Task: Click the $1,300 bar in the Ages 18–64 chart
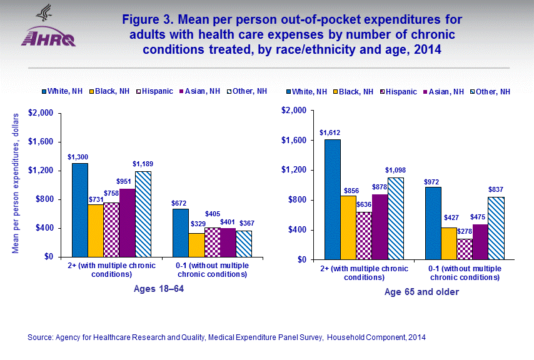click(x=79, y=209)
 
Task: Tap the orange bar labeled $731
click(x=96, y=230)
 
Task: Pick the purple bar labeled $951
click(x=127, y=222)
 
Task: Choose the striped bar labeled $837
click(x=496, y=228)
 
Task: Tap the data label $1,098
click(x=395, y=171)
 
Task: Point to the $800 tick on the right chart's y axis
click(x=293, y=200)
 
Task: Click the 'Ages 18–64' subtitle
click(x=160, y=289)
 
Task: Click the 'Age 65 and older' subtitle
click(x=413, y=292)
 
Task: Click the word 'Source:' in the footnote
click(x=41, y=337)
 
